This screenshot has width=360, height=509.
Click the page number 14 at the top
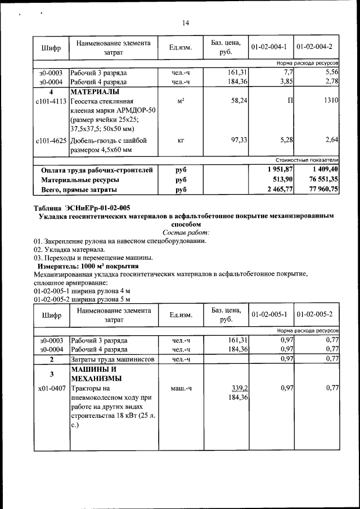tap(186, 23)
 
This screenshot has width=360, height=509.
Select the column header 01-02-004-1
tap(269, 47)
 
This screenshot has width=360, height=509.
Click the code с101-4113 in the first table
tap(51, 100)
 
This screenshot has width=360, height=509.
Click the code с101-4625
tap(51, 140)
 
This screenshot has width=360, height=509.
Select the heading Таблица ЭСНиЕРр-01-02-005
tap(82, 208)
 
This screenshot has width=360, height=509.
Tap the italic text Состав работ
tap(186, 232)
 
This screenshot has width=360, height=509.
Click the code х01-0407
tap(51, 388)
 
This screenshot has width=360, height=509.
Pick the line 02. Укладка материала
tap(69, 249)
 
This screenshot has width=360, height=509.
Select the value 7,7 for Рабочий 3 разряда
tap(288, 73)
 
